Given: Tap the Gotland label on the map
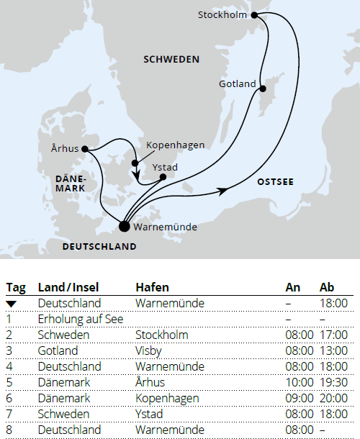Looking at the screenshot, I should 238,84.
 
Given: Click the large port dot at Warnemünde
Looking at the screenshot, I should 124,227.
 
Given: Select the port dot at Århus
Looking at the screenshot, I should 85,149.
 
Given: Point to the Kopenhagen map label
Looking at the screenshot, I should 175,145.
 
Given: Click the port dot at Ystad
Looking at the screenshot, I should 163,176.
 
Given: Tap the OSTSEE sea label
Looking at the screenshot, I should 275,183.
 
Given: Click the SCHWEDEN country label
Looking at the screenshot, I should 171,59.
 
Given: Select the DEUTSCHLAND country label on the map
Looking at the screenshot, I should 99,246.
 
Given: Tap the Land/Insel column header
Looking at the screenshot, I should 68,288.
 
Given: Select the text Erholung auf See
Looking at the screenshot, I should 81,319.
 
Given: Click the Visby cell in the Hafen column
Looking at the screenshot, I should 148,350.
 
